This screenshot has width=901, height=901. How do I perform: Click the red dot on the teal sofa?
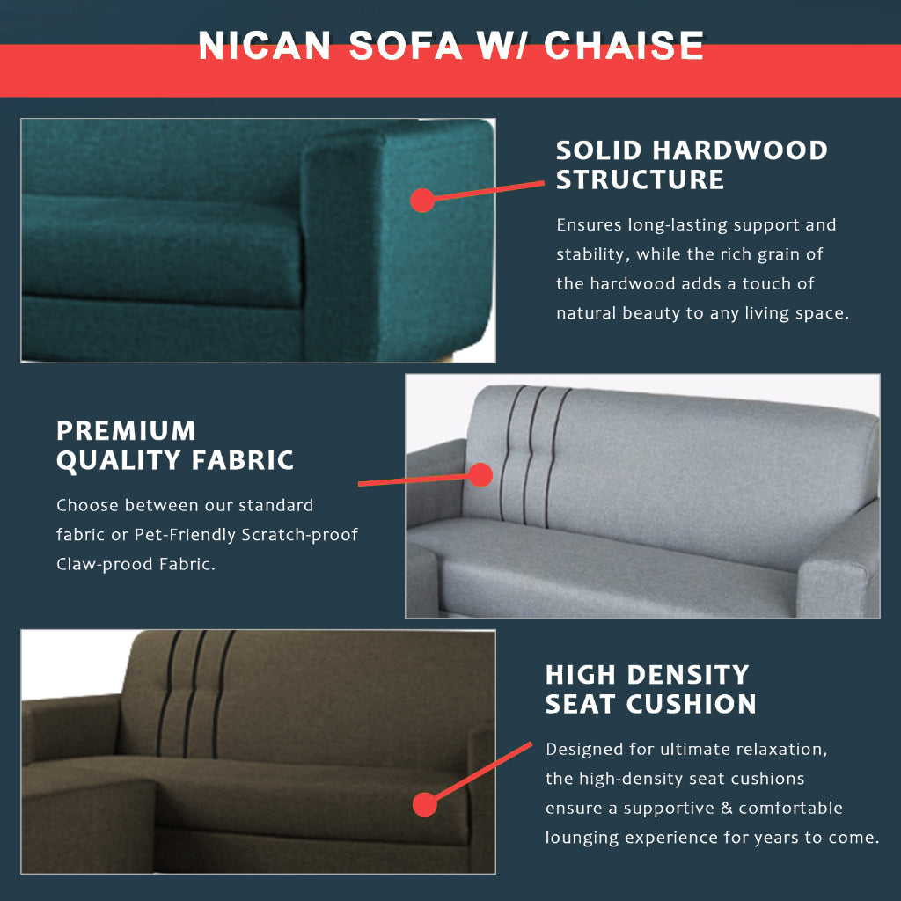tap(422, 200)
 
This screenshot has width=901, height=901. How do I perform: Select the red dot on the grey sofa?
tap(480, 475)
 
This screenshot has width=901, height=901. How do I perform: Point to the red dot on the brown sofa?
tap(425, 804)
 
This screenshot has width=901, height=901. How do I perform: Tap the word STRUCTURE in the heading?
tap(640, 179)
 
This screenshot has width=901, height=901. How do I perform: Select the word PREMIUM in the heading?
tap(126, 430)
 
